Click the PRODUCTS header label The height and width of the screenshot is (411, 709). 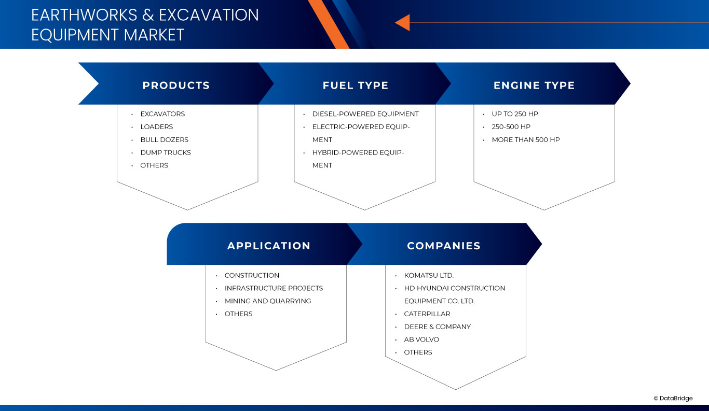pos(176,86)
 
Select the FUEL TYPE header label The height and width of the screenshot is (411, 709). pos(356,86)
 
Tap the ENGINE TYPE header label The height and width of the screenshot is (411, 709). pos(534,86)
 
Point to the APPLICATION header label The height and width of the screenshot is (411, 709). pos(269,246)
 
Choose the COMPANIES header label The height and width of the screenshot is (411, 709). pos(444,246)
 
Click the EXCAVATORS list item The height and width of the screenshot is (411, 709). pos(162,114)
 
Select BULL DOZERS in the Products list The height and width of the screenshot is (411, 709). pos(164,140)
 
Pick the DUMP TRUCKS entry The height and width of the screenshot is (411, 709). pos(166,153)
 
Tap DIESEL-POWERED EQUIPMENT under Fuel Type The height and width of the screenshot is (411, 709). pos(365,114)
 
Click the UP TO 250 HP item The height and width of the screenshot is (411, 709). pos(515,114)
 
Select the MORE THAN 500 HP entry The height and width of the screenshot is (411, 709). pos(526,140)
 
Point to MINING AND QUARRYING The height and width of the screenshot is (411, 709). pos(268,301)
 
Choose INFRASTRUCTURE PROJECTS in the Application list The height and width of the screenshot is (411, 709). pos(274,288)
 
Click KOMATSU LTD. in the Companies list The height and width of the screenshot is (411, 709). pos(429,276)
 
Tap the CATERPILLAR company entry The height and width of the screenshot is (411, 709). pos(427,314)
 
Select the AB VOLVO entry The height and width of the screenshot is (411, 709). pos(421,339)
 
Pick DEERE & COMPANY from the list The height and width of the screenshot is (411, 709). pos(438,327)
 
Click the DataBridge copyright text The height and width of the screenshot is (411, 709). pos(673,398)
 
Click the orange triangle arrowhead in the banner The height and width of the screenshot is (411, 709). pos(403,22)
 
